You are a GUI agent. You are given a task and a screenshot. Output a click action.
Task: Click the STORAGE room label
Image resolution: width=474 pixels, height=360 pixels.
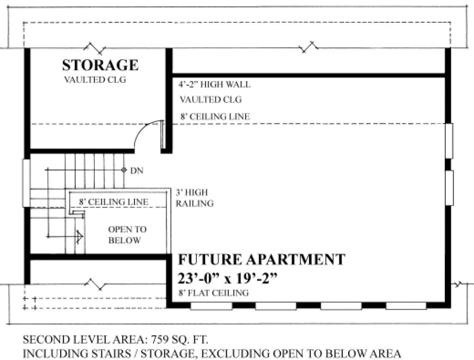coord(100,66)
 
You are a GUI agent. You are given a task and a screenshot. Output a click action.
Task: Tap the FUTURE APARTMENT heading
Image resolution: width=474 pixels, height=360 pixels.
coord(261,260)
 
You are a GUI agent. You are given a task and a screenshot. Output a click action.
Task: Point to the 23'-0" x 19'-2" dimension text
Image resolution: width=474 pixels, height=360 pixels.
coord(228,278)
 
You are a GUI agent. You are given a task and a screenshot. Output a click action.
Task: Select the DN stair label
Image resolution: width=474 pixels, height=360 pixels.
coord(136,170)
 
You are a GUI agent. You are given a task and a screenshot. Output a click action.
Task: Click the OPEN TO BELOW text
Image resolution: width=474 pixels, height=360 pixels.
coord(127,235)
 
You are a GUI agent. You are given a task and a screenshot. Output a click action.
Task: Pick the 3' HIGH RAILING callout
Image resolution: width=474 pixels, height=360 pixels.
coord(194,198)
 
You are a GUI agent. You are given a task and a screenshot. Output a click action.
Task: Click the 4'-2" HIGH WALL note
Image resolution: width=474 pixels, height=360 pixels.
coord(214,85)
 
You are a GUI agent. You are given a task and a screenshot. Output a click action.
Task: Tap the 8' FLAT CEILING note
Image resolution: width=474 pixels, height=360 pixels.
coord(213,293)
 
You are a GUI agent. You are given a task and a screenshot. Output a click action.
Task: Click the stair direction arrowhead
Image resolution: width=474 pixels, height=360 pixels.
coord(79,236)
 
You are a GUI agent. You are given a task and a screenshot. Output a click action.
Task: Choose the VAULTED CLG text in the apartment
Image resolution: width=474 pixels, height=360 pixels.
coord(210,100)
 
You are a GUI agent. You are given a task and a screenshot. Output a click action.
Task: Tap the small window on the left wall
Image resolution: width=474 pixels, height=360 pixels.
coord(26,183)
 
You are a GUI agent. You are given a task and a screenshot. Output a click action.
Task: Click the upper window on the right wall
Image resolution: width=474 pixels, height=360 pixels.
coord(449,141)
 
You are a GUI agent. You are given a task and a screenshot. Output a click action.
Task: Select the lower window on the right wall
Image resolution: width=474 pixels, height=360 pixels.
coord(449,188)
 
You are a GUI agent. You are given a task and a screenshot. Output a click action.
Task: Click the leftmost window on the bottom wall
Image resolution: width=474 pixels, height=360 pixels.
coord(212,306)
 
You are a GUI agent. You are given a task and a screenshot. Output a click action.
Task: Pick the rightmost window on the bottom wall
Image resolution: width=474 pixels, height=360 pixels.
coord(406,306)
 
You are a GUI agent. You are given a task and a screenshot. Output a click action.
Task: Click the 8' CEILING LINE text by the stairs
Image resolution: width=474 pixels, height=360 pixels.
coord(113,202)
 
